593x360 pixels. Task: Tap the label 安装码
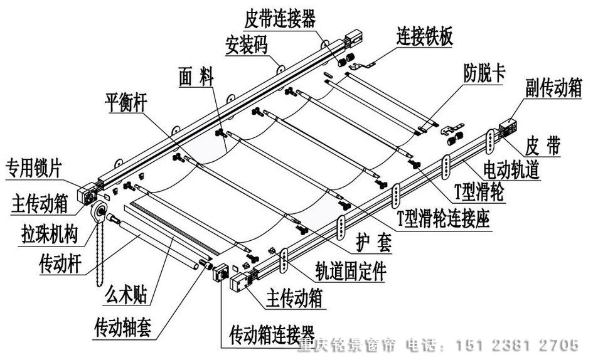coord(248,45)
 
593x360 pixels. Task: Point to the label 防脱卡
coord(484,71)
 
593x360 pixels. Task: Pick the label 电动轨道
coord(511,170)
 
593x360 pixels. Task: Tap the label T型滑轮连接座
coord(444,218)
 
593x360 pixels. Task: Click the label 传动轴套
coord(122,327)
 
